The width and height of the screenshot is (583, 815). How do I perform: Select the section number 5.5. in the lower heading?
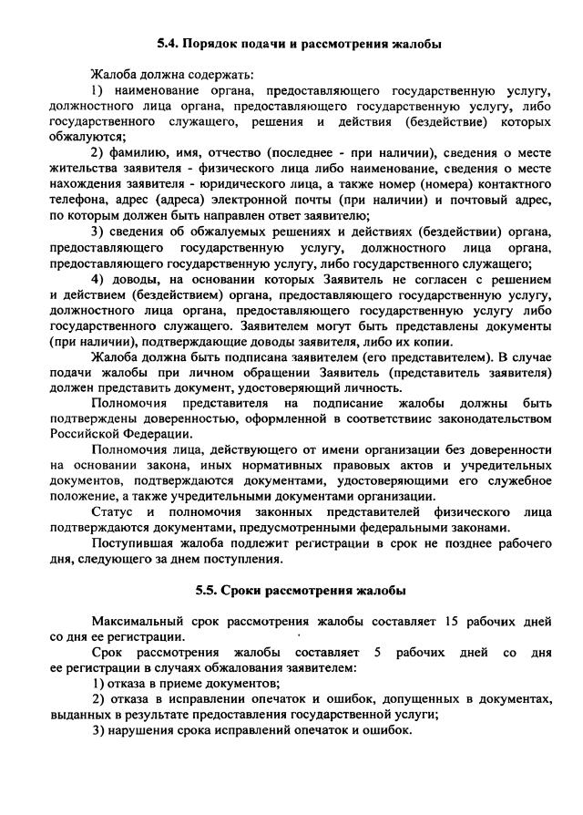[210, 590]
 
